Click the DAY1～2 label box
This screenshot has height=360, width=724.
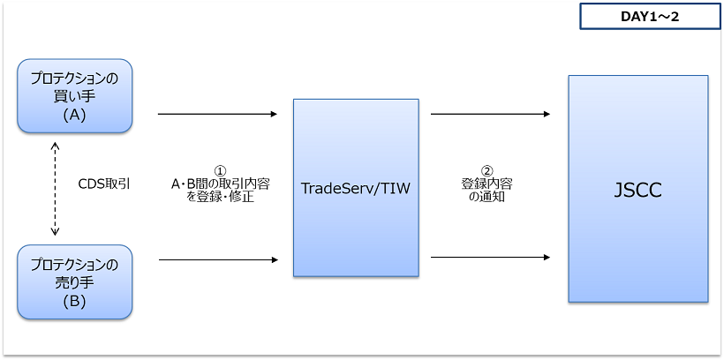click(650, 17)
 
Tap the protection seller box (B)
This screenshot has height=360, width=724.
click(75, 281)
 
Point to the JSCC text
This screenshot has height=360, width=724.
click(637, 189)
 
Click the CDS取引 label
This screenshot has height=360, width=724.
click(105, 184)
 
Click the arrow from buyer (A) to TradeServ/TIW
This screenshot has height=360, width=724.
click(217, 114)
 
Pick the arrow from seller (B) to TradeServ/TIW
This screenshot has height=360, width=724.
click(217, 259)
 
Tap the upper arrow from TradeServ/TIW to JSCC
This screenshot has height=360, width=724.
click(491, 114)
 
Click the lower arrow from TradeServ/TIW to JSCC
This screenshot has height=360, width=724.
click(491, 258)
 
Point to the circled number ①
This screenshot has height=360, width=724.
click(221, 170)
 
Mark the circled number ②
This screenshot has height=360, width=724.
click(486, 170)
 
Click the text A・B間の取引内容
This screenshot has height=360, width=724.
click(221, 184)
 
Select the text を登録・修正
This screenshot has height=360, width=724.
click(221, 198)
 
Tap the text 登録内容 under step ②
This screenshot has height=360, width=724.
click(486, 184)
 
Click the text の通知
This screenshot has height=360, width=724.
click(486, 198)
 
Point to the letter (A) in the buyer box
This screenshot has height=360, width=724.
click(74, 115)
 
